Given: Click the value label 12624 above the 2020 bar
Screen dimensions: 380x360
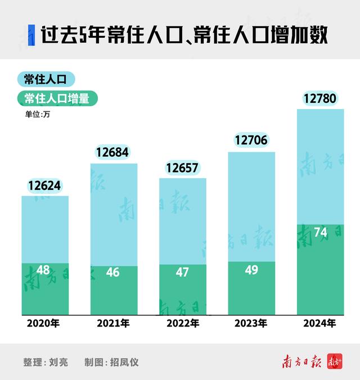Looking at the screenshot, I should tap(44, 185).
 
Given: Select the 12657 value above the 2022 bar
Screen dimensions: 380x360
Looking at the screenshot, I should tap(182, 168).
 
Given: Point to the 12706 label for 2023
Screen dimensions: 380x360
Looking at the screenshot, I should tap(251, 141).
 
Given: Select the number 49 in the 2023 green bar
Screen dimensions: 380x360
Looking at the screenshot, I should tap(251, 270).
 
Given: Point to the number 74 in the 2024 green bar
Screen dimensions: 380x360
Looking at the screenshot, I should tap(320, 233).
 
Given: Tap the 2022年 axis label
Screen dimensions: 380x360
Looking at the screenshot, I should tap(182, 324).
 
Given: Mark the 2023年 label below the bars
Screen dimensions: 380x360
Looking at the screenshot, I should tap(251, 324).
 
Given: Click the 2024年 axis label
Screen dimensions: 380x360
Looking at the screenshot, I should tap(319, 324).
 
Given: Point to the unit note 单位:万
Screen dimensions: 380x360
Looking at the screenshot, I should tap(37, 115).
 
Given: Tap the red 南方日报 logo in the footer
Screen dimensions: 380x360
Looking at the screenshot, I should tap(301, 361).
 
